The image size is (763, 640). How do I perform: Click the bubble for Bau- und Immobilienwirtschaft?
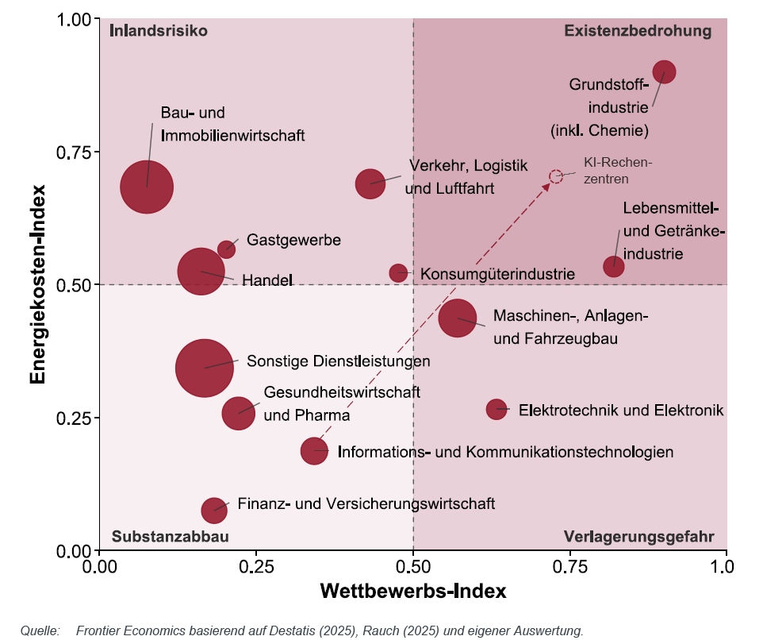[x=147, y=187]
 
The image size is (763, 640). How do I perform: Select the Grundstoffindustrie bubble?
[x=664, y=71]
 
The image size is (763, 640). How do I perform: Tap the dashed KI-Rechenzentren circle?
[x=556, y=175]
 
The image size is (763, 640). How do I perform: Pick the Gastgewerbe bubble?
[x=227, y=249]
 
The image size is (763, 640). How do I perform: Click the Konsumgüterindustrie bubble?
[x=398, y=273]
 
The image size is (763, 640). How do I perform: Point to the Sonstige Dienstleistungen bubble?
[x=205, y=368]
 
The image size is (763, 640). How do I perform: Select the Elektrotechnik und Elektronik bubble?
[x=497, y=409]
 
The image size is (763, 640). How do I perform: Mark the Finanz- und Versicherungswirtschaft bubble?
[x=214, y=509]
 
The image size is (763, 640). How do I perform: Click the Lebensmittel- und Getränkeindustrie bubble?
[x=614, y=266]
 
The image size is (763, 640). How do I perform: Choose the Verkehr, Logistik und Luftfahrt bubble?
[x=370, y=183]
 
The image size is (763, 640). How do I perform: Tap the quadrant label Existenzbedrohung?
[x=638, y=31]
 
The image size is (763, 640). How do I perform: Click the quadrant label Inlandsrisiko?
[x=159, y=31]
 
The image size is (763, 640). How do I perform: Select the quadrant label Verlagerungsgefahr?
[x=638, y=537]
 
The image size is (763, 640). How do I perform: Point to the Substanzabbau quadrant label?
[x=170, y=537]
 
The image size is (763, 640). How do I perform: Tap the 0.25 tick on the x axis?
[x=256, y=567]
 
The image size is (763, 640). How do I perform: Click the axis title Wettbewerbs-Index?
[x=412, y=592]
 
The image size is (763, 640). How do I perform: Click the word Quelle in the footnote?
[x=40, y=631]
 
